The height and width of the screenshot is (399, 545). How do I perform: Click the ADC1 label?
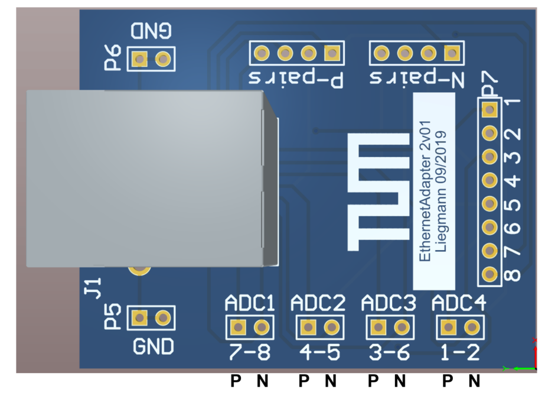click(250, 304)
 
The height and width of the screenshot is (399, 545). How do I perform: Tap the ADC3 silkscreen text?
click(388, 304)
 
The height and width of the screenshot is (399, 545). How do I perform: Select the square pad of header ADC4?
click(448, 327)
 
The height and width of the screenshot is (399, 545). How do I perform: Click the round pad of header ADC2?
click(331, 327)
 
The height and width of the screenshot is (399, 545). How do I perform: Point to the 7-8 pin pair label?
click(249, 353)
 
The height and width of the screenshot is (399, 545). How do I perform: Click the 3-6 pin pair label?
click(387, 353)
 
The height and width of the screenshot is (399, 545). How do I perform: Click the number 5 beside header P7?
click(515, 205)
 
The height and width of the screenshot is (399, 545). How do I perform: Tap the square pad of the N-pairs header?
click(452, 54)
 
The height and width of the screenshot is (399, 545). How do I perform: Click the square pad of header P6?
click(139, 59)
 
